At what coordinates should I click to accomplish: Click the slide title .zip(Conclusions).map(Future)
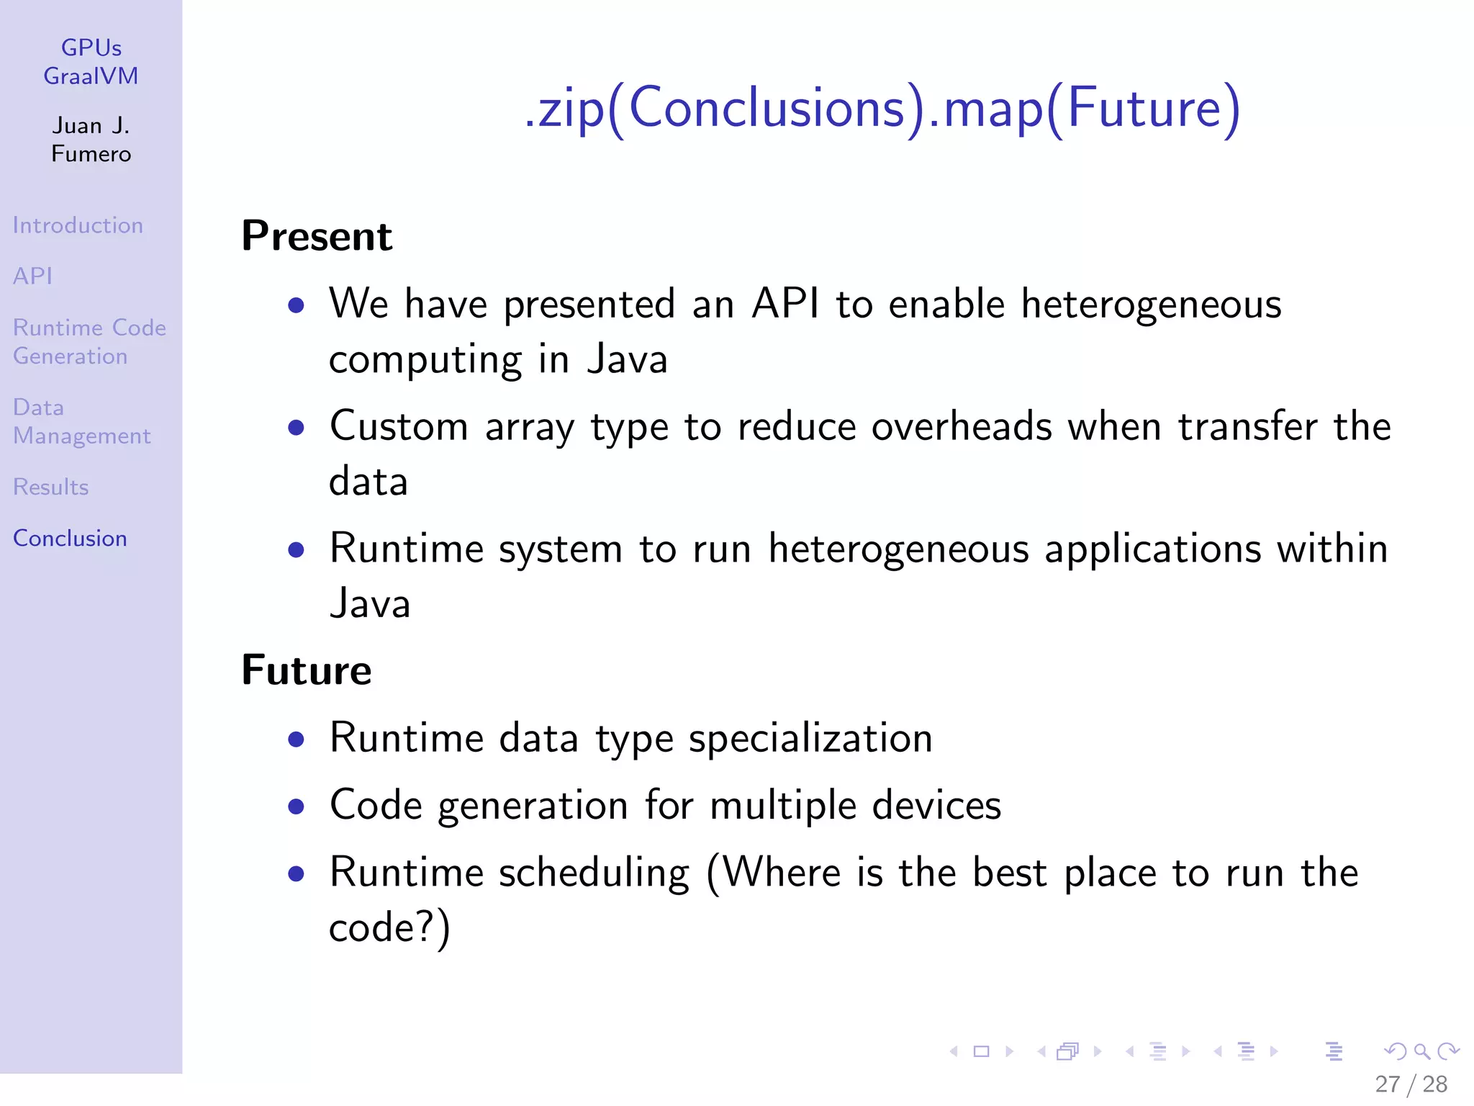[882, 109]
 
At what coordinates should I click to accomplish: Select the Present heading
[317, 236]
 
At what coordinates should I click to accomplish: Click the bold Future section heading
[307, 670]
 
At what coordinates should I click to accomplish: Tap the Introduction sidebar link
[78, 225]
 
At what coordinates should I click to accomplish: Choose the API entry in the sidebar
[33, 276]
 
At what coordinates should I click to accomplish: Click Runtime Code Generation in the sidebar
[89, 342]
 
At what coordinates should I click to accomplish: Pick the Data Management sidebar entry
[81, 422]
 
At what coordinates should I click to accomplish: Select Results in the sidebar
[51, 487]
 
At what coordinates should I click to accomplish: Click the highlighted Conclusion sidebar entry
[70, 539]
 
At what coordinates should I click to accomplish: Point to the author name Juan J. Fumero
[91, 140]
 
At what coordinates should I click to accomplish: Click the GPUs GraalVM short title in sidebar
[91, 62]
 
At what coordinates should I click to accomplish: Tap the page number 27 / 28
[1411, 1084]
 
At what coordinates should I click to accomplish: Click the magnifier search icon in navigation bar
[1421, 1052]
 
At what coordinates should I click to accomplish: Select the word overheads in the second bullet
[962, 426]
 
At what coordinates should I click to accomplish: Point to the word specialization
[810, 739]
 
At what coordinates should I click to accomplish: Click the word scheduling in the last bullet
[594, 873]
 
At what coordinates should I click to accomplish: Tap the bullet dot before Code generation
[296, 806]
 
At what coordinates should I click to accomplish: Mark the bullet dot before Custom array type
[296, 428]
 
